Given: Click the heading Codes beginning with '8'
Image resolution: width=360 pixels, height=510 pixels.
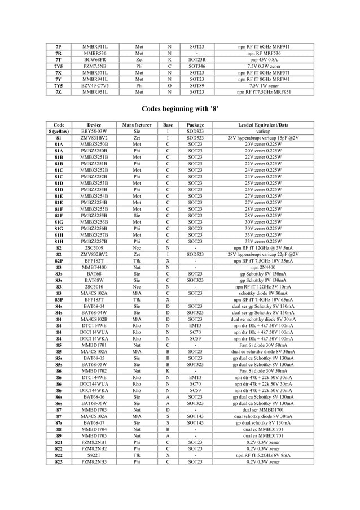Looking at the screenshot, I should pyautogui.click(x=179, y=108).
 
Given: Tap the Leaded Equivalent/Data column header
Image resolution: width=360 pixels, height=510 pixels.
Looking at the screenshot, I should pyautogui.click(x=262, y=124).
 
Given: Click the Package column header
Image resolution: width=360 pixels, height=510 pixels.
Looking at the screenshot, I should pyautogui.click(x=195, y=124).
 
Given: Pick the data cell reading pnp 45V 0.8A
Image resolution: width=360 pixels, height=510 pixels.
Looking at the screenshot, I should pyautogui.click(x=262, y=59).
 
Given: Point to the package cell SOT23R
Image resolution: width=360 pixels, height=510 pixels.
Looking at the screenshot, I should pyautogui.click(x=195, y=59).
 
